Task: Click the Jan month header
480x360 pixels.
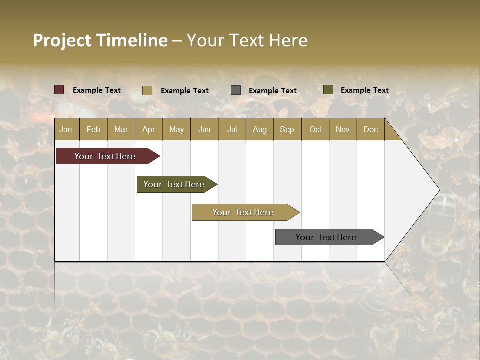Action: [x=66, y=129]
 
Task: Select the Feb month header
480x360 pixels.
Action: [x=93, y=129]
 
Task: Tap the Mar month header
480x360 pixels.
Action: [x=121, y=129]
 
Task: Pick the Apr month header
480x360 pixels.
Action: [x=149, y=129]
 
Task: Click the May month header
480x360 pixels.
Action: [x=176, y=129]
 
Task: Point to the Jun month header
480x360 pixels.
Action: [x=204, y=129]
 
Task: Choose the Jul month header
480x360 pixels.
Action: [x=232, y=129]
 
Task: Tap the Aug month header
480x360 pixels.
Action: [x=260, y=129]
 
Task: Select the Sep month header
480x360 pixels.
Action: [x=287, y=129]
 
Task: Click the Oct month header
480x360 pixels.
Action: [x=315, y=129]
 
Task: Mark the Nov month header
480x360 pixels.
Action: [x=343, y=129]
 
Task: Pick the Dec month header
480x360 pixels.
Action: [x=371, y=129]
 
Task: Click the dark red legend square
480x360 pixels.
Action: [x=59, y=90]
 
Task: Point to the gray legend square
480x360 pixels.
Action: [x=236, y=90]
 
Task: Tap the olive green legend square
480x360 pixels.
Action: [x=328, y=90]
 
